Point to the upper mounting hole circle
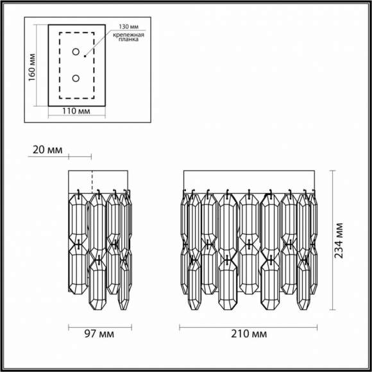coord(76,52)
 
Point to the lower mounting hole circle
coord(76,78)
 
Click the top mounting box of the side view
coord(99,180)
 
